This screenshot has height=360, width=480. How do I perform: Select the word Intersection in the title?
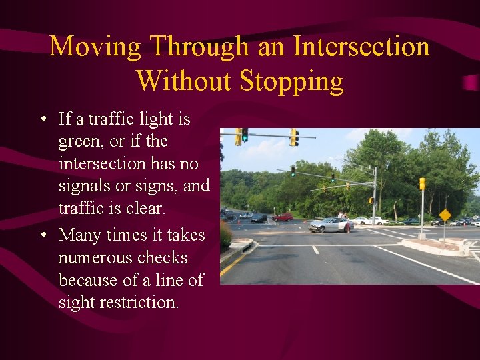coord(361,47)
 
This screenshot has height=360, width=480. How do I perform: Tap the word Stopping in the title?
coord(291,81)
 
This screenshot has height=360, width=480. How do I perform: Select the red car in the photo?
coord(283,217)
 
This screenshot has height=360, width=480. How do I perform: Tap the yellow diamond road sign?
coord(445,215)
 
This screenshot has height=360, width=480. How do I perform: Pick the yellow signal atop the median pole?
coord(422,183)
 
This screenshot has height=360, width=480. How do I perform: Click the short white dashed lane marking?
coord(315,249)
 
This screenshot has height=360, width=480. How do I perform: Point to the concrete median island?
coord(437,247)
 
